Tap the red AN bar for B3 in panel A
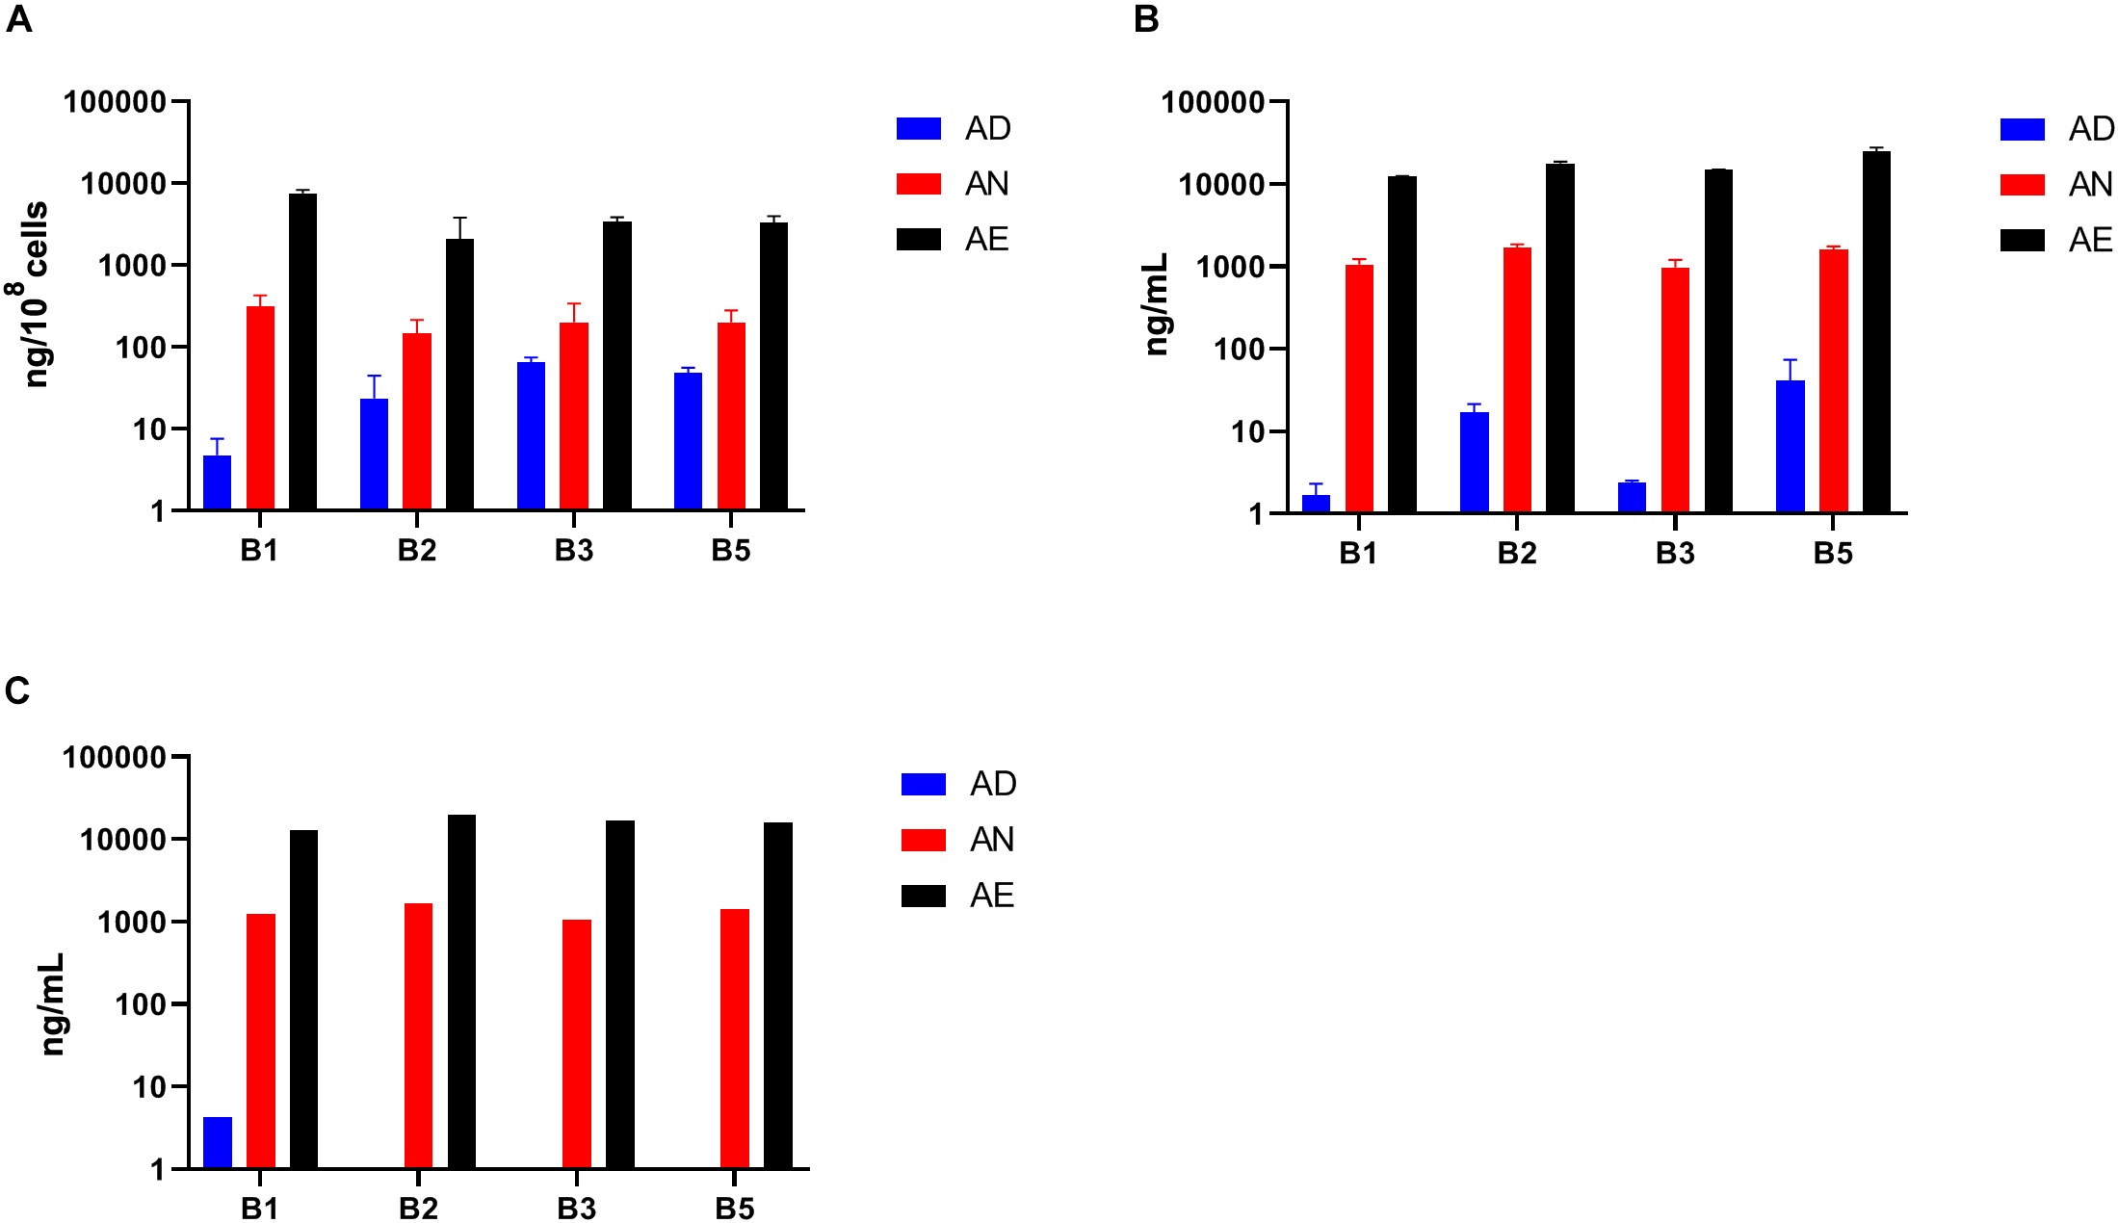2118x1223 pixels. coord(574,415)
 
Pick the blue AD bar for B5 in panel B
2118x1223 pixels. coord(1790,446)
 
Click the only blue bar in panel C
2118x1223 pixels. coord(218,1142)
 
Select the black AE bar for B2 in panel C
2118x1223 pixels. coord(461,991)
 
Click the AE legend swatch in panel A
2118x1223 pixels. coord(918,239)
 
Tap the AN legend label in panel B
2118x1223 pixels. coord(2090,184)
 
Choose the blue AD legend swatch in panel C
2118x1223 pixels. coord(923,784)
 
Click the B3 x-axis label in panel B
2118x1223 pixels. coord(1674,553)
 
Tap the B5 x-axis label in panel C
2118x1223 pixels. coord(734,1208)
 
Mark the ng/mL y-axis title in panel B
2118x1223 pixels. coord(1157,303)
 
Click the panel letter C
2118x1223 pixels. coord(17,690)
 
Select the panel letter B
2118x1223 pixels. coord(1145,19)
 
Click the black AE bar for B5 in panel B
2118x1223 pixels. coord(1876,331)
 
